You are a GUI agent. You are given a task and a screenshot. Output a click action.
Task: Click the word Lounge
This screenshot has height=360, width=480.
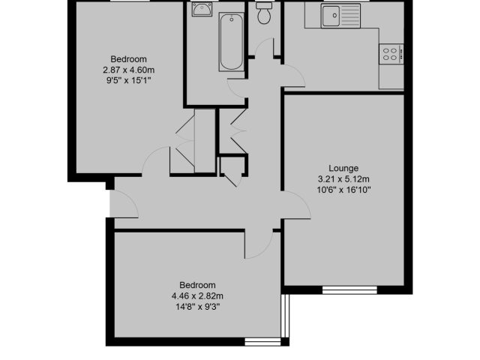click(343, 168)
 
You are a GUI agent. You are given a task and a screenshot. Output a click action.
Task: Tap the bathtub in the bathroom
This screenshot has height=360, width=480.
click(232, 42)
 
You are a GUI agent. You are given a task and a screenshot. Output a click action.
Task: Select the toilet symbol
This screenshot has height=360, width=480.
click(263, 13)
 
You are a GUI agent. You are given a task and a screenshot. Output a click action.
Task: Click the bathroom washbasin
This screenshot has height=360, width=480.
click(202, 9)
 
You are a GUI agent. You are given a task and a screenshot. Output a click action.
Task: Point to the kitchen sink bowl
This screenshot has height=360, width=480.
click(330, 16)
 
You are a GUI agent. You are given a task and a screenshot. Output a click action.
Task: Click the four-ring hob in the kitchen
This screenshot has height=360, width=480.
click(391, 54)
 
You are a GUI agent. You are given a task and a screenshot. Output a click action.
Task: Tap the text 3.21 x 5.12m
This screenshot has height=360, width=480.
click(343, 179)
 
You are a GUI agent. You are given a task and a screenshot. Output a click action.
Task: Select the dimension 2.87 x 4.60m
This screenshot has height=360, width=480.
click(128, 70)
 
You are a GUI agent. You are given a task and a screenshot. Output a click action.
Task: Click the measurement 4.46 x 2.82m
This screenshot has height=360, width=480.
click(197, 296)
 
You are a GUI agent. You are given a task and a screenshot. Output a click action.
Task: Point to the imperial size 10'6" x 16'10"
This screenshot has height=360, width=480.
click(343, 190)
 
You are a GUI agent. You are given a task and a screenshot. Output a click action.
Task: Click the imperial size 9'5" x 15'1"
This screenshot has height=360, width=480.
click(128, 81)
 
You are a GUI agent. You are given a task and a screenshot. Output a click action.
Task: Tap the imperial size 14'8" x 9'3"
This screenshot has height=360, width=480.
click(197, 307)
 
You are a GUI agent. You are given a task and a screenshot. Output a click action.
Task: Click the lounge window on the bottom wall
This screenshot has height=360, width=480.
click(349, 290)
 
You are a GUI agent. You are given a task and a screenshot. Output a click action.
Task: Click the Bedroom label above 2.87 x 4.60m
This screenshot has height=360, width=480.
click(128, 59)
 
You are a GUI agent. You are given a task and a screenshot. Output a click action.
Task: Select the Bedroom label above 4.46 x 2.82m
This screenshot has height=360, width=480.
click(197, 285)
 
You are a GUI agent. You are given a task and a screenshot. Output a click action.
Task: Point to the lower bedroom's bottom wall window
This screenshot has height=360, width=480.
click(262, 342)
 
